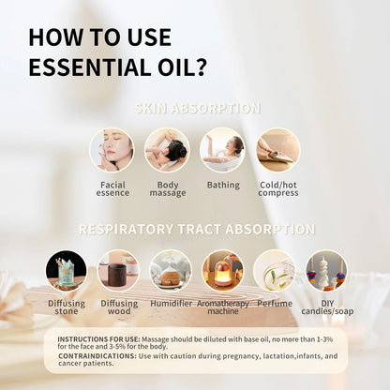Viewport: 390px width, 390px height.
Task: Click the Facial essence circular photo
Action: point(112,150)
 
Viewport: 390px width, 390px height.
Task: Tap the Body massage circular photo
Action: point(167,150)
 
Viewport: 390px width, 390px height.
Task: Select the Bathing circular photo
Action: point(222,150)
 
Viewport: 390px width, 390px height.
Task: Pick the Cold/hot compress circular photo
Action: point(278,150)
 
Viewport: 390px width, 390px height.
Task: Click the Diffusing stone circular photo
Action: point(67,271)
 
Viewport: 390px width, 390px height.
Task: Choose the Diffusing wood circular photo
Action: point(118,271)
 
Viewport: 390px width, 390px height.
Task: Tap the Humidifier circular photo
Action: point(171,271)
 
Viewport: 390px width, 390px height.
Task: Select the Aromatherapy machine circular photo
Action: point(222,271)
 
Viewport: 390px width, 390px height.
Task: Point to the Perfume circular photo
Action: point(274,271)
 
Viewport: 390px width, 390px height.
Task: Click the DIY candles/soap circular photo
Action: point(325,271)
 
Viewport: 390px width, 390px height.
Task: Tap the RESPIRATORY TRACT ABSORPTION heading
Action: point(196,229)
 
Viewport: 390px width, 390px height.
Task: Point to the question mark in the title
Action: point(202,68)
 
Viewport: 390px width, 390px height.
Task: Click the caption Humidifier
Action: point(171,305)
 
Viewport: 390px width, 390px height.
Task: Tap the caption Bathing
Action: point(223,185)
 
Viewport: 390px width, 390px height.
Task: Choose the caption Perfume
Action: point(274,305)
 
